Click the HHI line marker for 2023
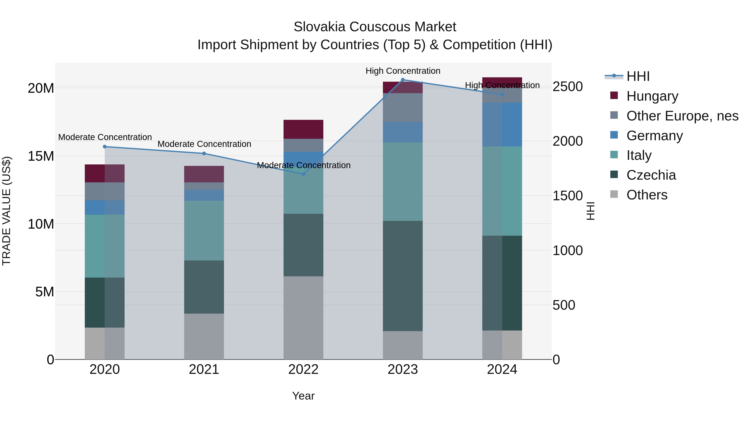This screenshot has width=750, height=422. (403, 80)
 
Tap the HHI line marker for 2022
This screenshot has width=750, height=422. (303, 174)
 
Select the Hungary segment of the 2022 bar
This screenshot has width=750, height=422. (303, 129)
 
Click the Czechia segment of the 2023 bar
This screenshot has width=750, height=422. (403, 276)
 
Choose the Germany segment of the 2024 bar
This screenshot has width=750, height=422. (502, 124)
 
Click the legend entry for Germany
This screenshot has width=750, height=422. (654, 136)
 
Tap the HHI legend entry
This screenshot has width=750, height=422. (638, 76)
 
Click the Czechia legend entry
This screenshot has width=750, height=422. (651, 175)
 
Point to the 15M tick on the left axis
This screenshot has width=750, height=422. (41, 156)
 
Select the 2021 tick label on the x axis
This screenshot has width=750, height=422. (204, 369)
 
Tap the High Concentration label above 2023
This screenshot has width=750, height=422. (403, 71)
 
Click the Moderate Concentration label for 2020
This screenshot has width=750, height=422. (105, 137)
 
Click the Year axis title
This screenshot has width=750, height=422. (303, 396)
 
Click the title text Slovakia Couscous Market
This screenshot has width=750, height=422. (375, 27)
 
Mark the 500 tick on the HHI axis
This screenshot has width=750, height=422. (564, 305)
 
